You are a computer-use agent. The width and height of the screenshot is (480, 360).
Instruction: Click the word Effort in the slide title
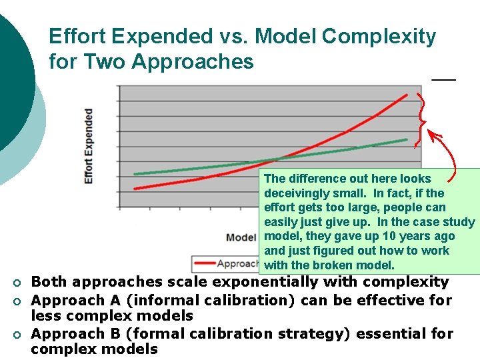pos(73,37)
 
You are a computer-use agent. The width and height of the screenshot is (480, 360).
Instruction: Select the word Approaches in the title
pos(193,62)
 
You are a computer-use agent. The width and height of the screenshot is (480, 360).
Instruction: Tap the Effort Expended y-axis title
pos(88,146)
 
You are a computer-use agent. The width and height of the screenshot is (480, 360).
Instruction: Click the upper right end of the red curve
pos(407,95)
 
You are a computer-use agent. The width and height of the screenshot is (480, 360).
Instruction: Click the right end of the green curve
pos(407,139)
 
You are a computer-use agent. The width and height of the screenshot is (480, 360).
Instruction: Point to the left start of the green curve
pos(135,174)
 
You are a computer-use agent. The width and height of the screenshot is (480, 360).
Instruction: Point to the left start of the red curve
pos(135,189)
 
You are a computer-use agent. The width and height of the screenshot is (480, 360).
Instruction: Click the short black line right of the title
pos(443,79)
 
